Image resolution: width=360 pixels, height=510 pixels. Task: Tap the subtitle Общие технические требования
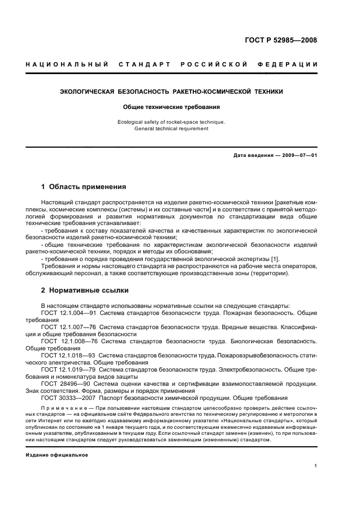171,107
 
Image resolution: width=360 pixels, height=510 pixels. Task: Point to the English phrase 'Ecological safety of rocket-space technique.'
171,122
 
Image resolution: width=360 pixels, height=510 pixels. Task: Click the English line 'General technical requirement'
171,129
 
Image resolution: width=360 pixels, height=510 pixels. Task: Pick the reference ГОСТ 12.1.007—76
67,327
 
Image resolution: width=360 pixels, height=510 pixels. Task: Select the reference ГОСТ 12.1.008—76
67,341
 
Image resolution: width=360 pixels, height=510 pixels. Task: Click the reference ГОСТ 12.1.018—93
67,355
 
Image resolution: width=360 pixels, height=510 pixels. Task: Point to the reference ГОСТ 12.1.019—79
67,369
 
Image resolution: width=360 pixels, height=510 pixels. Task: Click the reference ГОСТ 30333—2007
66,398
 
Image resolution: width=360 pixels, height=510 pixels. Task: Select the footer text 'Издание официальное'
57,454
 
